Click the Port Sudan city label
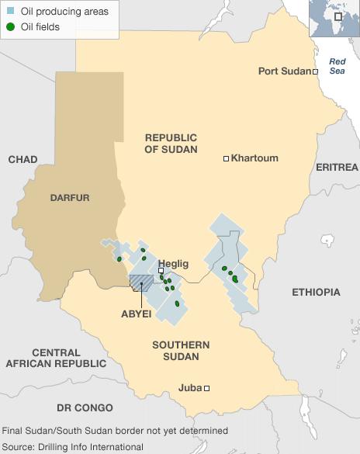284,71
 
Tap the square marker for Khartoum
227,158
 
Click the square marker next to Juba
207,389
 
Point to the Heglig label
173,263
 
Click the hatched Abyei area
140,282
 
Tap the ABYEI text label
136,314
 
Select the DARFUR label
70,198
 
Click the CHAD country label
22,159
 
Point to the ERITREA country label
337,167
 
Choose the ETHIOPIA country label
316,292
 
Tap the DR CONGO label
85,407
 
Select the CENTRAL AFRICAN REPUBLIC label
56,358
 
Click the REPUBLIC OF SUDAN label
171,143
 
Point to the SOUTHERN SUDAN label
181,351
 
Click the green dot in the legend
10,28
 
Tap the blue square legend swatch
10,12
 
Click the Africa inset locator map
334,19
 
